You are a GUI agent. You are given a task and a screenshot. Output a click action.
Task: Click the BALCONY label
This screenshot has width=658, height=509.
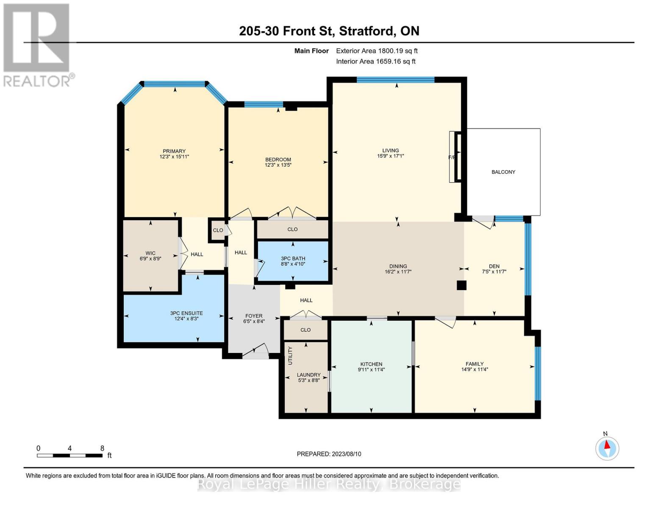(503, 172)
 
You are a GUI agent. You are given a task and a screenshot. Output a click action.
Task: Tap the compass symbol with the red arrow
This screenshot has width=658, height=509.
(607, 448)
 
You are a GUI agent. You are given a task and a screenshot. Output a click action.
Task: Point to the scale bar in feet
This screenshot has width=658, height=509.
(69, 455)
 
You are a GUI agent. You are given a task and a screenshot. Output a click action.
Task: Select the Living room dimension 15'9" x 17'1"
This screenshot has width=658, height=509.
(390, 156)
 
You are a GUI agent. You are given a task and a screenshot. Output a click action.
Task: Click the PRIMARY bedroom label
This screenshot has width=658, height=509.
(174, 151)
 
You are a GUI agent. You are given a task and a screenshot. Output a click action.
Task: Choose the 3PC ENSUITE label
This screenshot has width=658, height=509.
(186, 313)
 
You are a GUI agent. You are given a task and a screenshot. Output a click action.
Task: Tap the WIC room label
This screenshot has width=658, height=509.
(150, 253)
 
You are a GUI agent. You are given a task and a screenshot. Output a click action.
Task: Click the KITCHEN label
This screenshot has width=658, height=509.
(371, 364)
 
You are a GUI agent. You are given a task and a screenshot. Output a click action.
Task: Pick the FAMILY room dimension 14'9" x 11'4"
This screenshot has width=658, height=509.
(475, 369)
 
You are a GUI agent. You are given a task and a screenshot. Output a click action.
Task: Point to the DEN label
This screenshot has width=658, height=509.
(494, 266)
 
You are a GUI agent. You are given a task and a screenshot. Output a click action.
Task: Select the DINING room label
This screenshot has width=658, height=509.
(398, 266)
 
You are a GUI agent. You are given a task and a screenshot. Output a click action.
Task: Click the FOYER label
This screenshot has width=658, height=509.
(254, 316)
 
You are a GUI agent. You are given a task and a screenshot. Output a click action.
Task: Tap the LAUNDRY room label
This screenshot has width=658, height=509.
(308, 375)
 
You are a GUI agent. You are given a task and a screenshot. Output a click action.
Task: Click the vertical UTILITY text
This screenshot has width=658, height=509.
(290, 355)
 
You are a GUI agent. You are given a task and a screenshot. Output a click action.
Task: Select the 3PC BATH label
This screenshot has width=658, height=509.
(293, 258)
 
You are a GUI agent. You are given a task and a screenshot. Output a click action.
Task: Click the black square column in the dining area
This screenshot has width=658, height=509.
(461, 285)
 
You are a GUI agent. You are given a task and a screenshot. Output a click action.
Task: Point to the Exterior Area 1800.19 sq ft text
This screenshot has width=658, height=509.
(377, 50)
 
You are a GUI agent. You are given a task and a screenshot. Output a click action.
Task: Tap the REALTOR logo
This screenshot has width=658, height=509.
(38, 45)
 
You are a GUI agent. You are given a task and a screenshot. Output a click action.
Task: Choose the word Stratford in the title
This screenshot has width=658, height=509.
(367, 31)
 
